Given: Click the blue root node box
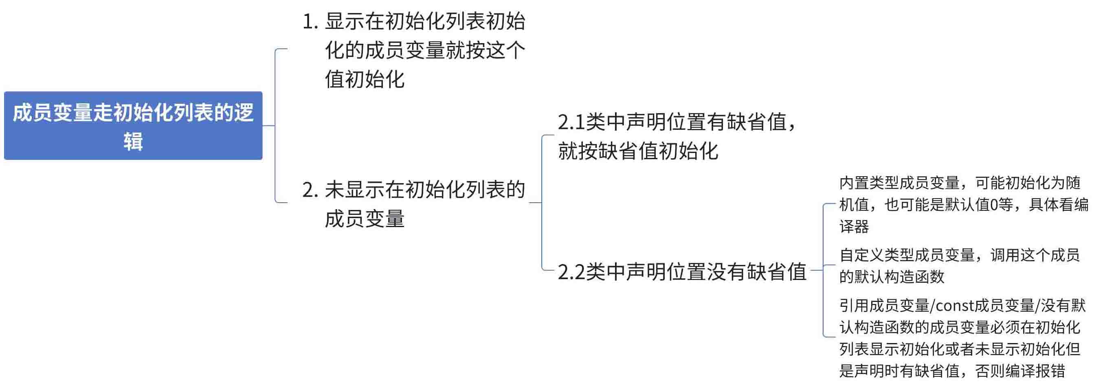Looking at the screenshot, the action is [x=133, y=126].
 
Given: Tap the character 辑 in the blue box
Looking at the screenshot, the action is [x=133, y=141].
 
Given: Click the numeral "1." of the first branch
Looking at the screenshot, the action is [x=310, y=22].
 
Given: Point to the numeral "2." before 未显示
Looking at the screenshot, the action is [x=310, y=190].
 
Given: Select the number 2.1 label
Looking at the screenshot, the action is [x=571, y=122].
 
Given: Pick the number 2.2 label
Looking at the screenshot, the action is [x=571, y=272].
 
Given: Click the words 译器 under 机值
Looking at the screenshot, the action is [x=855, y=227].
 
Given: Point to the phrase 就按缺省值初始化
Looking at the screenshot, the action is [x=638, y=151].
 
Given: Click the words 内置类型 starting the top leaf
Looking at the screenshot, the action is [x=869, y=183].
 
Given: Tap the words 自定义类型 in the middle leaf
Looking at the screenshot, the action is [x=877, y=255].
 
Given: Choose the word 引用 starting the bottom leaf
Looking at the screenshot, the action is [x=855, y=306].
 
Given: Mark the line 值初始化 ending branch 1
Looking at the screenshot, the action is [x=365, y=79].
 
